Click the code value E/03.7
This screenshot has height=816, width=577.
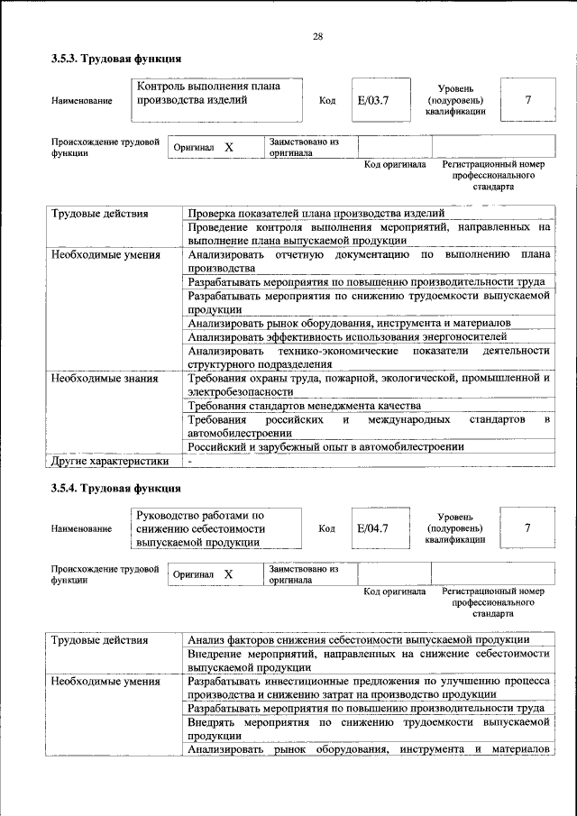tap(371, 100)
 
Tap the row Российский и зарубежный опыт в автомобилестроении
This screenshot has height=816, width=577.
tap(325, 446)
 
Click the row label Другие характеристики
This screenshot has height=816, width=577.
tap(110, 461)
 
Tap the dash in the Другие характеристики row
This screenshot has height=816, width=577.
tap(190, 461)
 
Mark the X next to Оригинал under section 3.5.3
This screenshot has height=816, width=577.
tap(228, 146)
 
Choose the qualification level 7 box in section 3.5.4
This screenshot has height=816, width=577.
tap(527, 527)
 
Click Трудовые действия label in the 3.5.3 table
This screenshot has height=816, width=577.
tap(99, 214)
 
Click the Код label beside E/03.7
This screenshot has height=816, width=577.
tap(327, 101)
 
